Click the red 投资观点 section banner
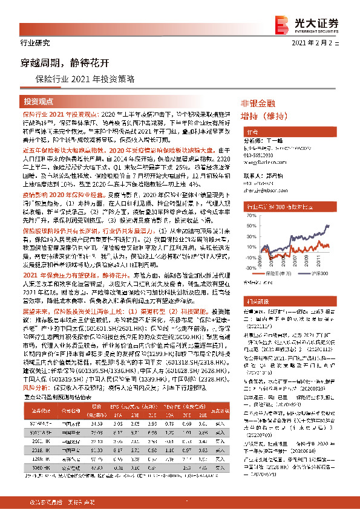point(39,101)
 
